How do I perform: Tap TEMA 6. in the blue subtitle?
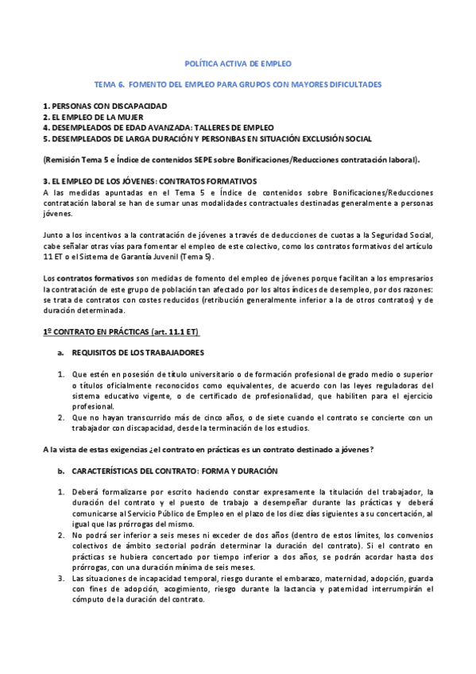pyautogui.click(x=109, y=83)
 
